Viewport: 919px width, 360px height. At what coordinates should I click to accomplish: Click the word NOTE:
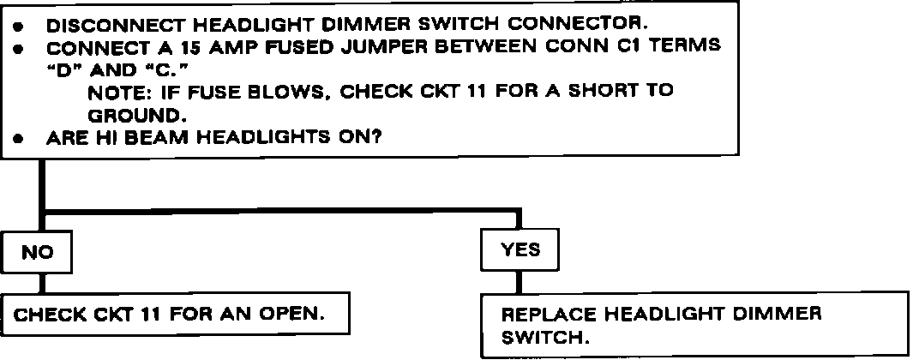123,93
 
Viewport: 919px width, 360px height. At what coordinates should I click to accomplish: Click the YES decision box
520,249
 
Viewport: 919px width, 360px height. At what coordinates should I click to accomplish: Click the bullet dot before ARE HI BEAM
21,139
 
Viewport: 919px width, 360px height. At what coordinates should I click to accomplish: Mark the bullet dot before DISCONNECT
21,27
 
